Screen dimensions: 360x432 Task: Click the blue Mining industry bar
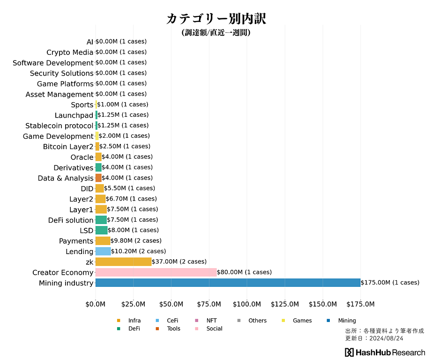228,283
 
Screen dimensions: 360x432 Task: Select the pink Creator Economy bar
156,272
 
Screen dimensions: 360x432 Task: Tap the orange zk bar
123,262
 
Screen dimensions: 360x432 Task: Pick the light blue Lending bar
103,251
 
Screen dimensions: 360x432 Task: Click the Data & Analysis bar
98,178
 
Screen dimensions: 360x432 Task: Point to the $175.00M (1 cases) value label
390,283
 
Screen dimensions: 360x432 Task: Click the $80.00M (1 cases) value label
244,272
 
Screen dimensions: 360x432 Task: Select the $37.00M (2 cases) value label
179,262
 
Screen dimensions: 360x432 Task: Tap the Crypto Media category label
70,52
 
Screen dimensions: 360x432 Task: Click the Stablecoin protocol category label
59,126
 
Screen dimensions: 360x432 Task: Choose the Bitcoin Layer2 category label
68,147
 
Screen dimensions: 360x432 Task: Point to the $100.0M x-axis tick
247,304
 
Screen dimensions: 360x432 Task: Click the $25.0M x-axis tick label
133,304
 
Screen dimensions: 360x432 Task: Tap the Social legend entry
214,329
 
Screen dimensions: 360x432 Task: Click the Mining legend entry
347,321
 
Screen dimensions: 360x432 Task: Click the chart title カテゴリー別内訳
216,19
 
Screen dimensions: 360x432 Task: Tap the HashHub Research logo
385,352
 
